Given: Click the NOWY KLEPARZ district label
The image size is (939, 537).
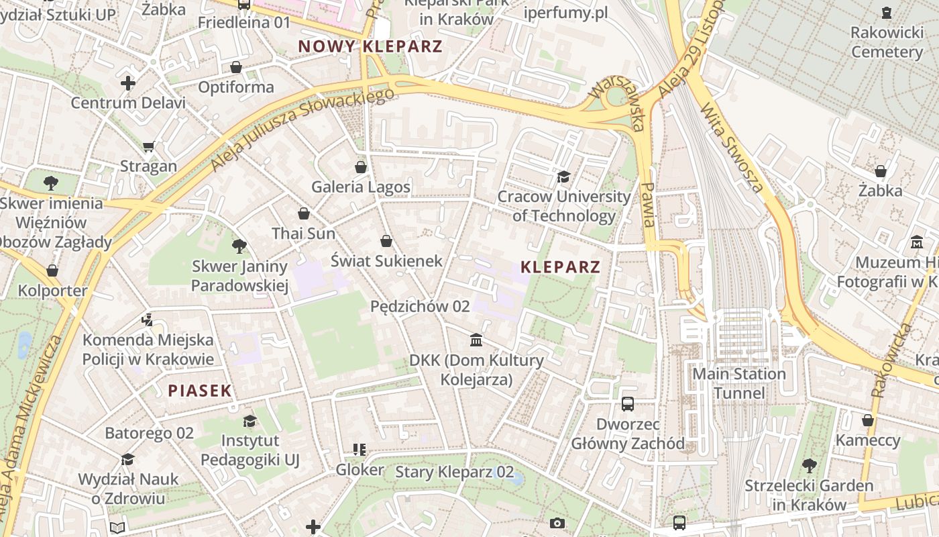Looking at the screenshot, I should coord(370,46).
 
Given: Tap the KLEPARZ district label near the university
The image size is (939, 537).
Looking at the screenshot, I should coord(560,266).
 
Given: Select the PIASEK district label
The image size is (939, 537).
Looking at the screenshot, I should coord(200,390).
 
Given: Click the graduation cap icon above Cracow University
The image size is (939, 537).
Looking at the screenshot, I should coord(563,177).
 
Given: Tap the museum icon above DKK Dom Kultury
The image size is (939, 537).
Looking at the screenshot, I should coord(476,340).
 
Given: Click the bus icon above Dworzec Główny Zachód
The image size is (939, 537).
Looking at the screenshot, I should coord(628,403).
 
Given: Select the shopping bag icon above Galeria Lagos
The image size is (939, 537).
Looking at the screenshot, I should coord(361,166).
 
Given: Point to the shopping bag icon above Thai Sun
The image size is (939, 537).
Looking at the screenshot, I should coord(303,213).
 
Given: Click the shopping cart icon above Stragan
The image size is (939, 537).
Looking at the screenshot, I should coord(148,146).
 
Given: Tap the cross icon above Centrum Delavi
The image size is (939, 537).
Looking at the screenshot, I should coord(127,83).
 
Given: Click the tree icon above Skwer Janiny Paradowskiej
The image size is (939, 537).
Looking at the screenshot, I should coord(239,246).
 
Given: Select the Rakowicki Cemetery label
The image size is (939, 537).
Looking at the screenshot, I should coord(887,42).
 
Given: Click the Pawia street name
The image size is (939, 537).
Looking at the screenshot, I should coord(647,204).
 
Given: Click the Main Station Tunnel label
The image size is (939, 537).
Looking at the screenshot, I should coord(738,383).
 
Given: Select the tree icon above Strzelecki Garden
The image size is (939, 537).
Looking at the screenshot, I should coord(809,465).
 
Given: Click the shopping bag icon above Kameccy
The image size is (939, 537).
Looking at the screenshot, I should coord(868,420).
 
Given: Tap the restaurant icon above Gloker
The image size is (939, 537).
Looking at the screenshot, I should coord(360,449).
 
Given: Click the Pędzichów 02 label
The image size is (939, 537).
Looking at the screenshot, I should coord(420,306).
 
